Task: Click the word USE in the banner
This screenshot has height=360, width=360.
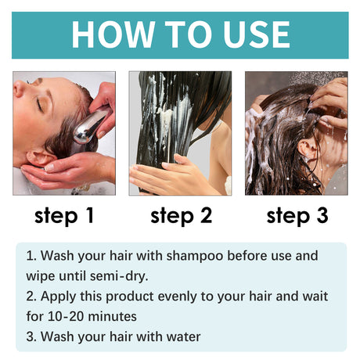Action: coord(248,34)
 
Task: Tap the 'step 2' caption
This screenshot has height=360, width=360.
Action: coord(181,215)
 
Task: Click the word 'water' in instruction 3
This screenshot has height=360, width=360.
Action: coord(181,337)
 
